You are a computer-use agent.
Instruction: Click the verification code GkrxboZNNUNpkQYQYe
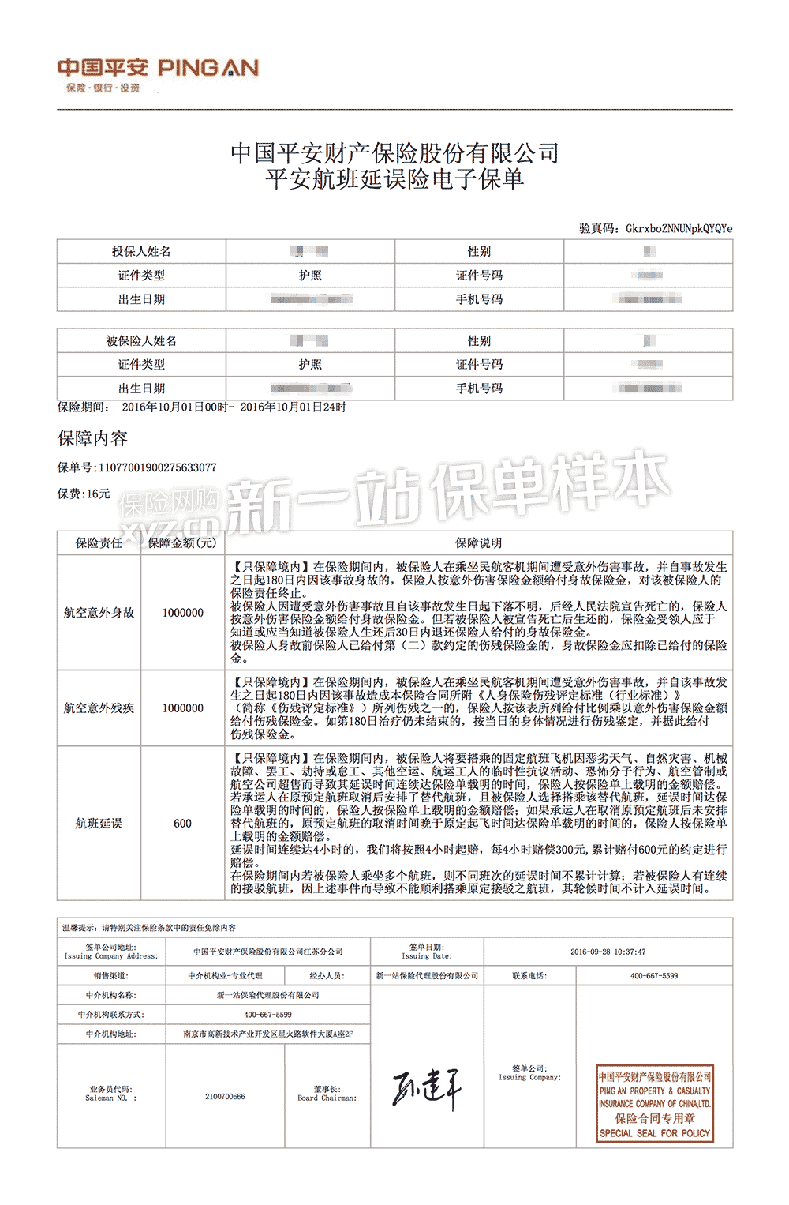point(679,229)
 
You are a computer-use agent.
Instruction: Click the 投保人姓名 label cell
point(141,251)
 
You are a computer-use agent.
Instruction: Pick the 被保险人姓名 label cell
point(141,340)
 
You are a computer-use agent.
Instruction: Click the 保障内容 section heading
point(92,438)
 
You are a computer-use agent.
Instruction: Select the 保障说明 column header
point(478,542)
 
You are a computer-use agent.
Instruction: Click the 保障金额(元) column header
point(182,542)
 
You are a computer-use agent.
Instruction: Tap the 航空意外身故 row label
point(99,612)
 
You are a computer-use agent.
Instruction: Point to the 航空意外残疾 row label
point(99,708)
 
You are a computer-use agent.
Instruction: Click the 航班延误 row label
point(99,823)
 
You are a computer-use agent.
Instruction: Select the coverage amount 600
point(182,823)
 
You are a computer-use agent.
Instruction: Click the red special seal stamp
point(655,1104)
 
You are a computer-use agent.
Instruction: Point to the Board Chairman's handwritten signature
point(426,1090)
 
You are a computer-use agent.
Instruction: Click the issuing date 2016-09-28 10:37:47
point(608,952)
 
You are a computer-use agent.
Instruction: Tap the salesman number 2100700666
point(225,1096)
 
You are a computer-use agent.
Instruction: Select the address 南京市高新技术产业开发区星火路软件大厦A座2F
point(268,1034)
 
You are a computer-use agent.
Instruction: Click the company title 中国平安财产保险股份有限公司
point(394,153)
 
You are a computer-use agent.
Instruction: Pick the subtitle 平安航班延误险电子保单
point(394,179)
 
